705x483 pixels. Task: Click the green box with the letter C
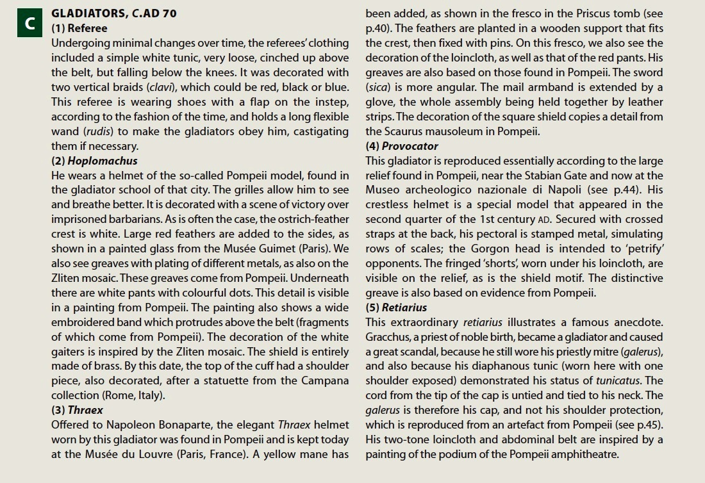(29, 24)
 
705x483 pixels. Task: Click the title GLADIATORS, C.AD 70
(114, 13)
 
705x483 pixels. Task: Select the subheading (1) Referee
(79, 28)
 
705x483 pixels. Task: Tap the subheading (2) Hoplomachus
(94, 161)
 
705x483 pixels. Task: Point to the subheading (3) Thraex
(77, 410)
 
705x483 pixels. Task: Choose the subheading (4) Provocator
(402, 146)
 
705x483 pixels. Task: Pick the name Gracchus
(392, 337)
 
